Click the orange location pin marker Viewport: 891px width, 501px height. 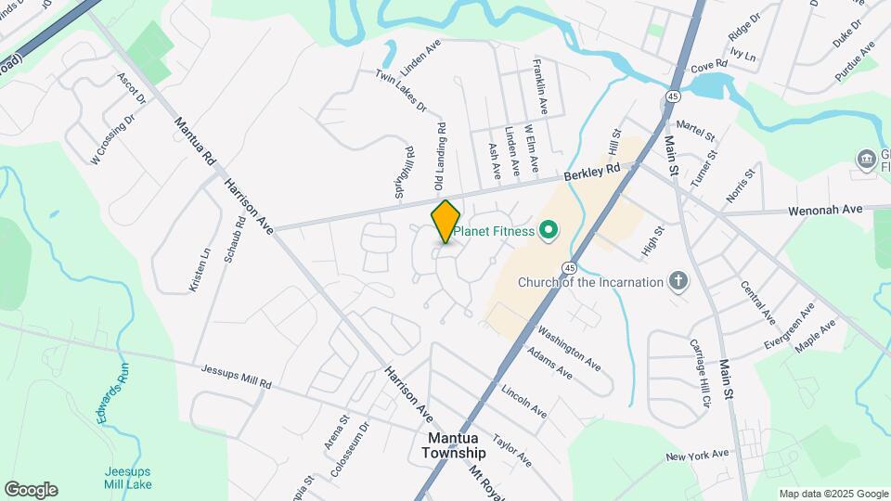coord(445,222)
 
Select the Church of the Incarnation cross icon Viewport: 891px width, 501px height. coord(678,281)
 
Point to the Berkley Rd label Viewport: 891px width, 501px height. coord(592,173)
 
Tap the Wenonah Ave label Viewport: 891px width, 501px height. coord(825,211)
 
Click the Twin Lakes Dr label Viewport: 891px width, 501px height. coord(400,90)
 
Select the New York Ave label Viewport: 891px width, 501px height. coord(697,456)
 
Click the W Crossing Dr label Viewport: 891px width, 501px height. coord(113,139)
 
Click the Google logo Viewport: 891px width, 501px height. coord(31,490)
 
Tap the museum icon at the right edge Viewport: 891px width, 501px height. coord(868,160)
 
